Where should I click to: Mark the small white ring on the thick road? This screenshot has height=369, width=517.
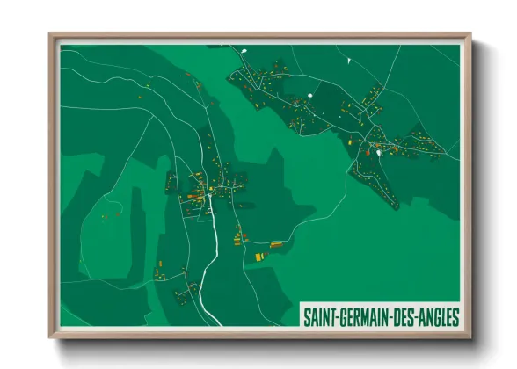pos(211,211)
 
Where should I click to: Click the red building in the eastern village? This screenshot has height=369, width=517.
pos(368,152)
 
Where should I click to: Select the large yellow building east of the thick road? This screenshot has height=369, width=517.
pos(259,256)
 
